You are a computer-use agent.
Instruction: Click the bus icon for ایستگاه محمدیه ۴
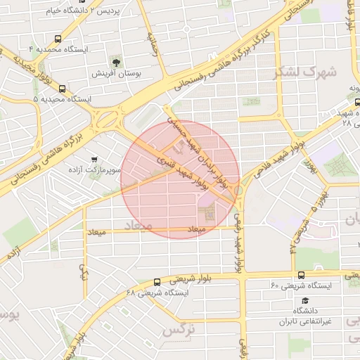click(57, 39)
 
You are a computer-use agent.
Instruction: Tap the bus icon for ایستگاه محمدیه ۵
click(63, 89)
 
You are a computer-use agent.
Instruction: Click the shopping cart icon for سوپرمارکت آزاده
click(94, 160)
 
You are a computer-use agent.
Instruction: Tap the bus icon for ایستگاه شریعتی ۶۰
click(300, 275)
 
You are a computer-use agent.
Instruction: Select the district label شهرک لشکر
click(313, 71)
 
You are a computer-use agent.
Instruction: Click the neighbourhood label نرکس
click(178, 328)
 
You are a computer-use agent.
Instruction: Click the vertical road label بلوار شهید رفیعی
click(239, 243)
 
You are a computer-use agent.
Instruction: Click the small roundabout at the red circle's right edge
click(238, 191)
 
